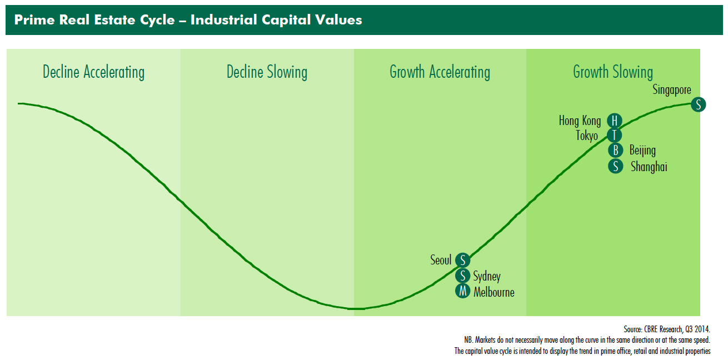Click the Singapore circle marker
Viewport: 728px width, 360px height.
(x=698, y=104)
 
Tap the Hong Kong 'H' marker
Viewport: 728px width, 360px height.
(x=614, y=121)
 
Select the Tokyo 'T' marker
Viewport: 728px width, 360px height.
(x=614, y=135)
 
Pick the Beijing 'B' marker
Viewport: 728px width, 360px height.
(x=615, y=150)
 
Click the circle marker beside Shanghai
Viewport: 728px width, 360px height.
(x=615, y=166)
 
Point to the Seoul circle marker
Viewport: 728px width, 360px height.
(x=462, y=260)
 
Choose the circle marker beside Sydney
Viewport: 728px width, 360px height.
(x=462, y=276)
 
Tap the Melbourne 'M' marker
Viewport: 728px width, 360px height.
(x=462, y=291)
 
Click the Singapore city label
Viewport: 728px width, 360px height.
(x=672, y=90)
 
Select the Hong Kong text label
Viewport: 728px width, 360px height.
(x=580, y=121)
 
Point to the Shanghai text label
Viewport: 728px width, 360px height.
(x=649, y=167)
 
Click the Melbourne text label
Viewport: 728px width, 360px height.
(x=493, y=292)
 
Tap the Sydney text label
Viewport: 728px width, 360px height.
(x=486, y=277)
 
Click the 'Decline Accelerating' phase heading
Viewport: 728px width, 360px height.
(x=93, y=72)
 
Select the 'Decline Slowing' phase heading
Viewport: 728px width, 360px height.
(x=267, y=72)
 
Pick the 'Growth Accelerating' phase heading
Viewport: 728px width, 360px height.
(x=440, y=72)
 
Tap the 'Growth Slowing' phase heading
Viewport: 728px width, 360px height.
(x=613, y=72)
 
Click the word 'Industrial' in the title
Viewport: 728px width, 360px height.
(x=223, y=20)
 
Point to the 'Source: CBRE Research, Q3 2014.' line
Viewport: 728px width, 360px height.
(x=666, y=329)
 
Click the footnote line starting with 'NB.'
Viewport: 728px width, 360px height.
(x=587, y=340)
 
